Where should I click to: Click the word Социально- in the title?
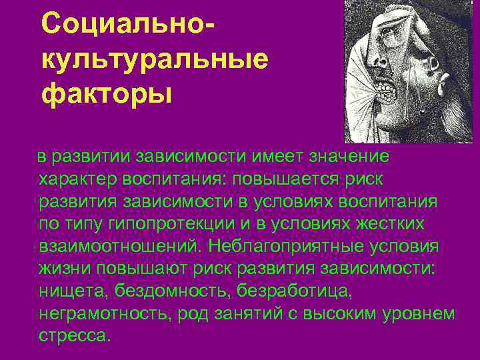(130, 25)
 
